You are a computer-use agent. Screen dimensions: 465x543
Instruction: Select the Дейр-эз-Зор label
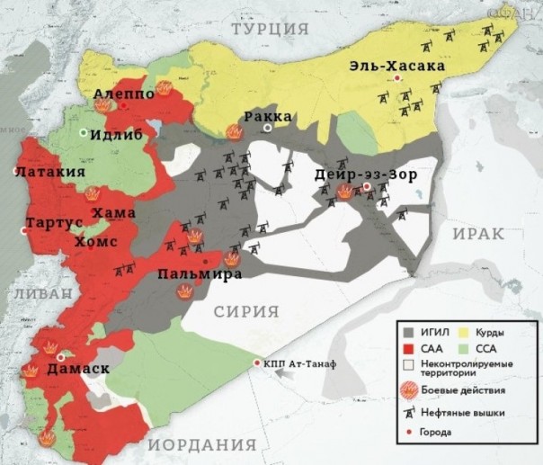(366, 174)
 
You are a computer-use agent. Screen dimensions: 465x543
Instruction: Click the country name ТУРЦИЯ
(270, 30)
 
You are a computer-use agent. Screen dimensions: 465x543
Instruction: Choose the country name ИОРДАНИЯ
(208, 445)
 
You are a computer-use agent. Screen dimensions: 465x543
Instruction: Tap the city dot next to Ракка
(267, 130)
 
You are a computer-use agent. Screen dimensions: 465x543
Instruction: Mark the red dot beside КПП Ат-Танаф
(257, 363)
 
